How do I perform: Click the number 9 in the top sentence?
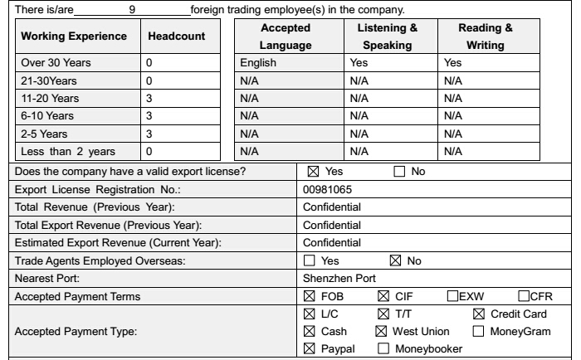pyautogui.click(x=134, y=10)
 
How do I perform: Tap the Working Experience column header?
pyautogui.click(x=73, y=38)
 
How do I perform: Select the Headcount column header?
pyautogui.click(x=177, y=38)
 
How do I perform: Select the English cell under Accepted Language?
pyautogui.click(x=256, y=62)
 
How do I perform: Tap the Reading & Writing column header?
pyautogui.click(x=486, y=38)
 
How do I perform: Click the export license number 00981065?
pyautogui.click(x=328, y=189)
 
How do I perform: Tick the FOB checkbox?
pyautogui.click(x=310, y=296)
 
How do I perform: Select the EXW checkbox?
pyautogui.click(x=452, y=296)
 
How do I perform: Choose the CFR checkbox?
pyautogui.click(x=523, y=296)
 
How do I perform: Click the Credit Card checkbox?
pyautogui.click(x=478, y=314)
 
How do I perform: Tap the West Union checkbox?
pyautogui.click(x=382, y=331)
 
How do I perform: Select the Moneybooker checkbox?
pyautogui.click(x=383, y=348)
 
